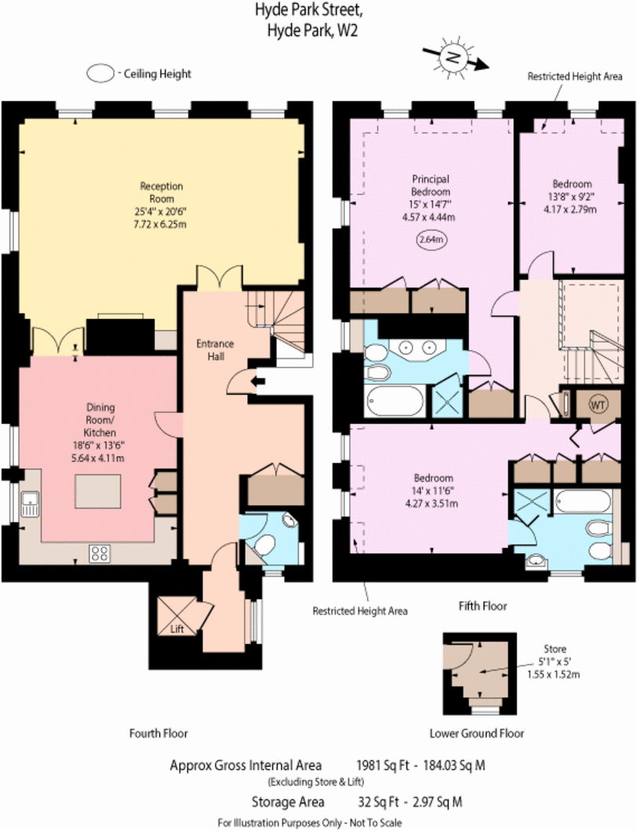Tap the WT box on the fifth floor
599,404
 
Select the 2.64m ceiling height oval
431,239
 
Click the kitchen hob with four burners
100,553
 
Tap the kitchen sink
31,503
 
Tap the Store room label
554,649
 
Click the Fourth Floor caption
158,734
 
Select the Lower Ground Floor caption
476,734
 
